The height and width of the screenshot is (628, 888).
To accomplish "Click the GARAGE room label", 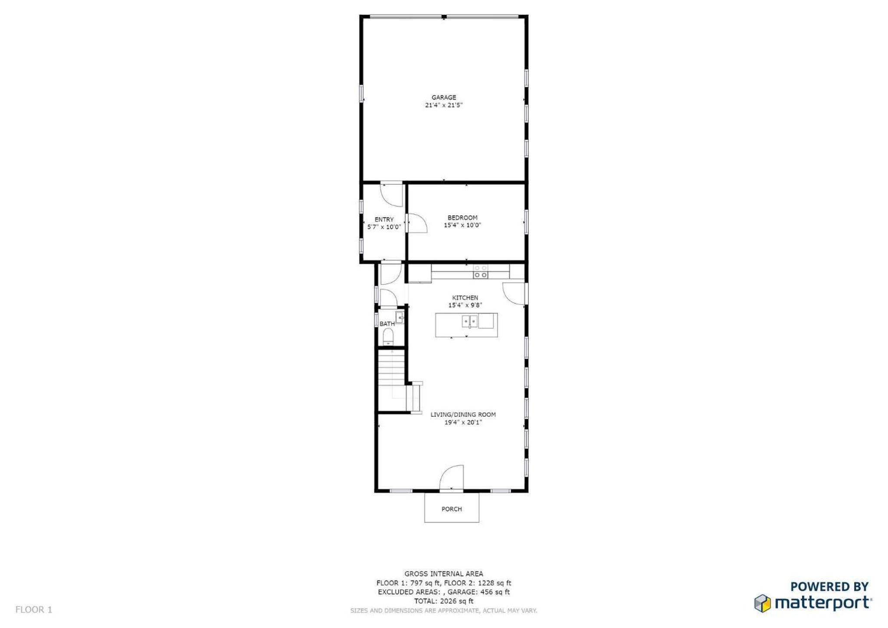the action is point(443,98).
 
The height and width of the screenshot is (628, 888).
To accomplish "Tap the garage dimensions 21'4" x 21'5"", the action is point(443,105).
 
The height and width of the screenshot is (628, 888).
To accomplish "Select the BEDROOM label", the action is point(462,218).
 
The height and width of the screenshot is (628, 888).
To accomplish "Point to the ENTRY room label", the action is point(384,219).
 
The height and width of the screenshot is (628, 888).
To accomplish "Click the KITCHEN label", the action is point(465,298).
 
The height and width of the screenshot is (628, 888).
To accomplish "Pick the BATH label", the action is point(387,324).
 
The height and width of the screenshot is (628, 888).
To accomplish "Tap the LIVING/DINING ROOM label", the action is point(463,415).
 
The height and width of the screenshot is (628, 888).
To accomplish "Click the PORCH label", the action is point(452,509).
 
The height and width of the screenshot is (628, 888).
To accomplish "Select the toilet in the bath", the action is point(388,337).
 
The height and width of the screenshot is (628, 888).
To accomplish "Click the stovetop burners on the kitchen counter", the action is point(480,271).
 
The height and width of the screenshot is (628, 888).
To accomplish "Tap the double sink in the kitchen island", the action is point(469,321).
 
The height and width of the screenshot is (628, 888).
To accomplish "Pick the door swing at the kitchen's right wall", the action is point(514,294).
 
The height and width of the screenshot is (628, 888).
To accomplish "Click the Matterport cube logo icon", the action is point(762,603).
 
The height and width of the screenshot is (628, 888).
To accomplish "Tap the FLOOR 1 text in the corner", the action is point(34,610).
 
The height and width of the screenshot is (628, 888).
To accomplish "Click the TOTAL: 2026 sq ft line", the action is point(443,601).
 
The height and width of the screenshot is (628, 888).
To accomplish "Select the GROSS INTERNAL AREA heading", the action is point(443,574).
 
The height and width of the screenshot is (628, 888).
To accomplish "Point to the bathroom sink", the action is point(400,318).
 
